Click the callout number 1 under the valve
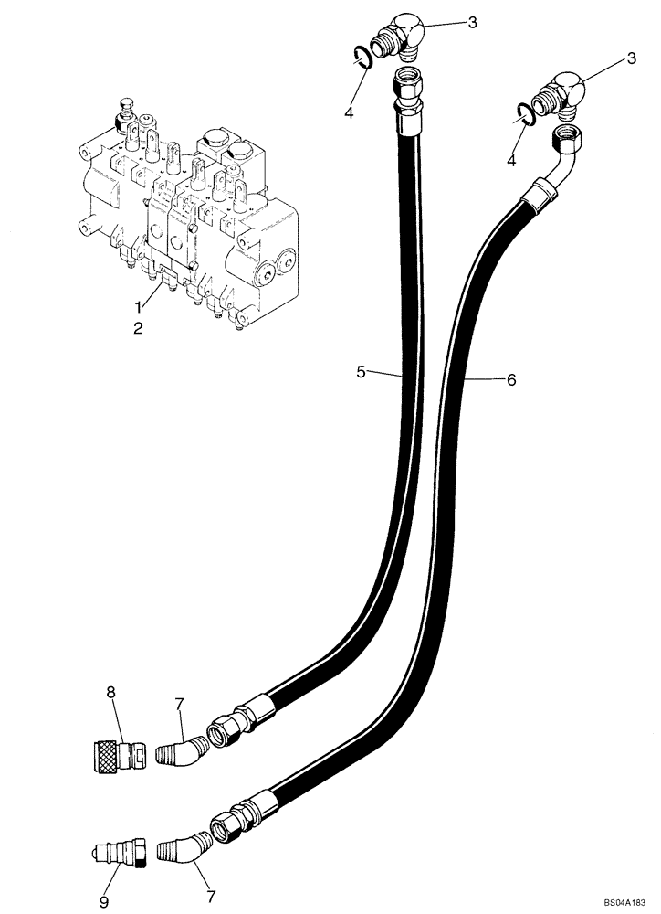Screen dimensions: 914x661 (138, 306)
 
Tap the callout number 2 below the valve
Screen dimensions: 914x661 (138, 327)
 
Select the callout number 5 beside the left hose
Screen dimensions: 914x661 (362, 372)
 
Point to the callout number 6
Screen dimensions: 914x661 (510, 378)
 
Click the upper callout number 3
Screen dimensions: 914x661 (472, 22)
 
